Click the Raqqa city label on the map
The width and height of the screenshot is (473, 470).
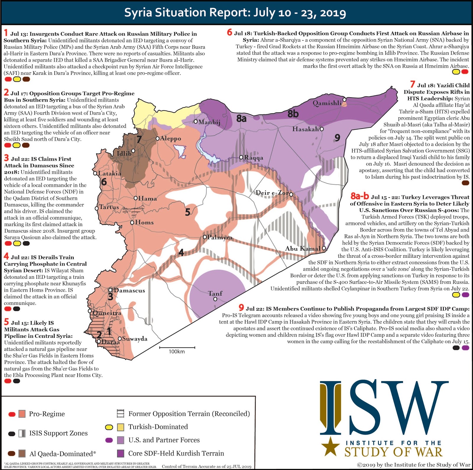click(254, 158)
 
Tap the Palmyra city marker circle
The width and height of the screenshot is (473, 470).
click(205, 237)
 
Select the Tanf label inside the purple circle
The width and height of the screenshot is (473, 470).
click(215, 293)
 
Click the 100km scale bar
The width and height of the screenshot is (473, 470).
click(177, 348)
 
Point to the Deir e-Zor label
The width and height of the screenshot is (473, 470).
click(272, 193)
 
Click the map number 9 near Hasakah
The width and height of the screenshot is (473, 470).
click(337, 137)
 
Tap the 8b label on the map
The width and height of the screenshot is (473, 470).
click(293, 114)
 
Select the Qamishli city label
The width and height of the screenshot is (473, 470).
click(327, 103)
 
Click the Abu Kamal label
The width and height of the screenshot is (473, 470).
click(303, 248)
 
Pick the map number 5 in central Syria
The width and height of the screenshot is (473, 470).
click(187, 212)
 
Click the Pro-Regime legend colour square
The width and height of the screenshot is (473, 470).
click(22, 414)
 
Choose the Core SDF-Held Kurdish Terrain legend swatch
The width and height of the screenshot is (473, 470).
click(120, 453)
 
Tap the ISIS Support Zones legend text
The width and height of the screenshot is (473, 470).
click(58, 433)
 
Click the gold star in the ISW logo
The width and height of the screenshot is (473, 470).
click(331, 446)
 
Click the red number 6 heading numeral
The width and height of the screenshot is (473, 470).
click(229, 32)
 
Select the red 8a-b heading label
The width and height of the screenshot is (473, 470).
click(359, 196)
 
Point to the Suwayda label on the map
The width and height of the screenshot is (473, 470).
click(135, 339)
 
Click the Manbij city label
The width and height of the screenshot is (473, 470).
click(209, 122)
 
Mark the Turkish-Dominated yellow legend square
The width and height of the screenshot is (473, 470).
click(120, 427)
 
